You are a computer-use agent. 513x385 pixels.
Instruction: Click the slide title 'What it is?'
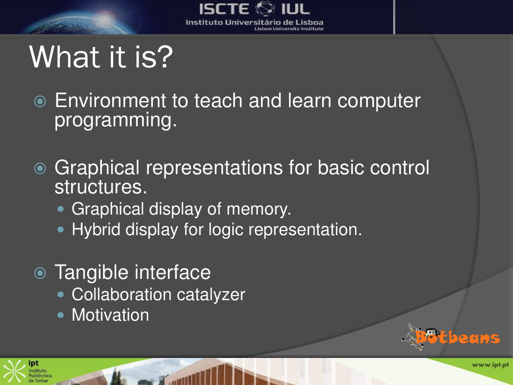coord(101,57)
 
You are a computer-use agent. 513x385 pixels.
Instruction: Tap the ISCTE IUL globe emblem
coord(265,9)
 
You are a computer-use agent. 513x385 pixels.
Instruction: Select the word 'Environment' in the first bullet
coord(110,100)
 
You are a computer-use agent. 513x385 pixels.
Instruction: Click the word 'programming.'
coord(116,120)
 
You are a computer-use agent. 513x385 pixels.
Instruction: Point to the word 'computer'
coord(379,101)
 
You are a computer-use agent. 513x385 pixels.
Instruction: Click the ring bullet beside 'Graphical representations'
coord(40,168)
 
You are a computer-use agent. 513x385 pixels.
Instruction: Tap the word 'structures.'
coord(101,187)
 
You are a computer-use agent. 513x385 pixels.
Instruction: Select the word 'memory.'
coord(259,209)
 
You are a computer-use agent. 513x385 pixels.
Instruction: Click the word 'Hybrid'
coord(96,229)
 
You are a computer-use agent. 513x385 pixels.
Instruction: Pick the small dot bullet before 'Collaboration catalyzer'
coord(61,295)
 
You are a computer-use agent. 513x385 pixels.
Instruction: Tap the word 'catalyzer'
coord(211,295)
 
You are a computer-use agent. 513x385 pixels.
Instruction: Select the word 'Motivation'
coord(110,315)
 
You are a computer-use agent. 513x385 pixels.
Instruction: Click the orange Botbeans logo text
coord(457,337)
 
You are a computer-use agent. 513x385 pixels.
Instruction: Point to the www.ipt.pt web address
coord(490,365)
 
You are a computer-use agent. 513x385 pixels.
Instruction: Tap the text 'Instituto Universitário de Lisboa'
coord(254,23)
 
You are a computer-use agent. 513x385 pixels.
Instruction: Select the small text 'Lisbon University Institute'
coord(289,29)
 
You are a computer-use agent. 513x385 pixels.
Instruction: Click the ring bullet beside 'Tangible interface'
coord(40,273)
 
